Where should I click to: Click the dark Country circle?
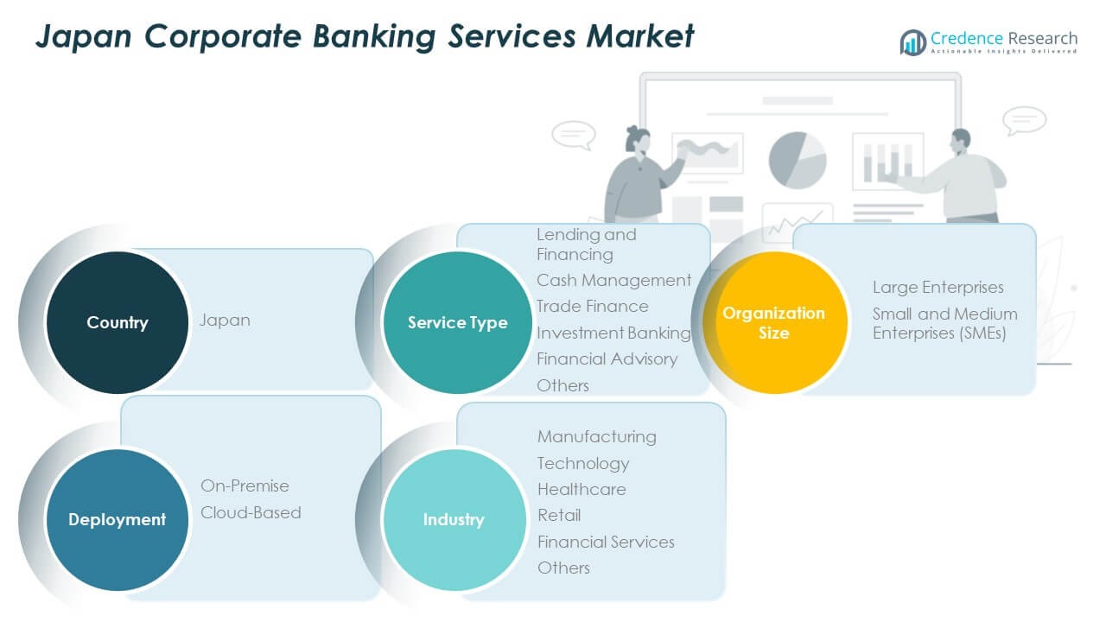pyautogui.click(x=118, y=322)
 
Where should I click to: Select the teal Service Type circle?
pyautogui.click(x=457, y=322)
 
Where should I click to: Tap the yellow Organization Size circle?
pyautogui.click(x=774, y=322)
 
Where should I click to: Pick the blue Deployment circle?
pyautogui.click(x=118, y=519)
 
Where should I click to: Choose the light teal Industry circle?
pyautogui.click(x=454, y=519)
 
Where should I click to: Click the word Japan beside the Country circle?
pyautogui.click(x=226, y=320)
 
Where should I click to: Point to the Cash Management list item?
pyautogui.click(x=613, y=280)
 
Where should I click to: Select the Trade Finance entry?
pyautogui.click(x=592, y=306)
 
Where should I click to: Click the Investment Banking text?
pyautogui.click(x=613, y=333)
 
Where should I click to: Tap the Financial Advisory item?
pyautogui.click(x=607, y=359)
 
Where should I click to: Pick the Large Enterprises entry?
pyautogui.click(x=938, y=287)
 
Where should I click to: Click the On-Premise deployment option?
pyautogui.click(x=245, y=486)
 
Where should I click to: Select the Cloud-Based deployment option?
pyautogui.click(x=251, y=512)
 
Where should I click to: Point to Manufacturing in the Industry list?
pyautogui.click(x=596, y=436)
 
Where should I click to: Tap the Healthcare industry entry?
pyautogui.click(x=582, y=489)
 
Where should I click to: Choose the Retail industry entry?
pyautogui.click(x=559, y=515)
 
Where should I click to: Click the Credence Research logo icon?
pyautogui.click(x=912, y=41)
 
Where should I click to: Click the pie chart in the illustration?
pyautogui.click(x=798, y=160)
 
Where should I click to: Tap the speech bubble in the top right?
pyautogui.click(x=1025, y=120)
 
